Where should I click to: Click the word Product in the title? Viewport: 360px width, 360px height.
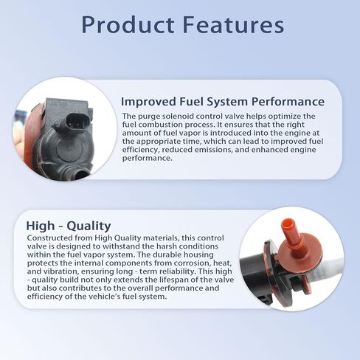coord(128,25)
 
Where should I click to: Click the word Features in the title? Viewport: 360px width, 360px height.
coord(234,25)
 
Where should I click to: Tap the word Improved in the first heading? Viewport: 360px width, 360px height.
coord(148,102)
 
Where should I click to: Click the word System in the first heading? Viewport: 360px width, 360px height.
coord(227,102)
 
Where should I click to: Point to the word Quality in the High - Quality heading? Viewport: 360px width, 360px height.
coord(89,226)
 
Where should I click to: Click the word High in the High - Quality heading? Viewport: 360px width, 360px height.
coord(41,226)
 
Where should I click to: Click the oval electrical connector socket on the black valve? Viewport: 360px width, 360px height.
coord(76,121)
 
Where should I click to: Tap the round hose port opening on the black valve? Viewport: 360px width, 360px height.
coord(80,174)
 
